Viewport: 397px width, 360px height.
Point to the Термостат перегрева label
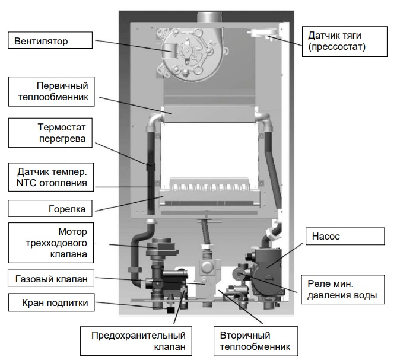tap(50, 133)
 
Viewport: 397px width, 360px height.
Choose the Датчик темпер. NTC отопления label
tap(50, 177)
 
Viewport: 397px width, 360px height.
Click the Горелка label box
tap(50, 209)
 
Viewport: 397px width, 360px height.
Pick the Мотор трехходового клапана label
tap(50, 243)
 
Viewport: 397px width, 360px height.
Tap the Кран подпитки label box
tap(50, 303)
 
